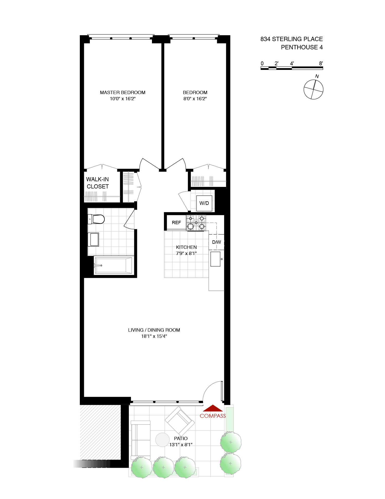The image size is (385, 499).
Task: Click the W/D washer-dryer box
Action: (204, 203)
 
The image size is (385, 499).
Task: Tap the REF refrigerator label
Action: (176, 223)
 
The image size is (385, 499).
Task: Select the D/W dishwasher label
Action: (216, 242)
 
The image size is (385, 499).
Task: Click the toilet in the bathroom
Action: (97, 219)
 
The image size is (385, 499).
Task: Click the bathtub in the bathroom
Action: (113, 265)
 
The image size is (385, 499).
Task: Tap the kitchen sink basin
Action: (215, 259)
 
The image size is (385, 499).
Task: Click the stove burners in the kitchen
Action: (196, 223)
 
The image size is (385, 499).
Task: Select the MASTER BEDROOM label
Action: (123, 93)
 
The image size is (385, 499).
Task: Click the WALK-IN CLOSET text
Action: (98, 183)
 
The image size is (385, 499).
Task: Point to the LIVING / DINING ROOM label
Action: (154, 330)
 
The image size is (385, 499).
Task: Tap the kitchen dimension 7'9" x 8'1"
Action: (186, 253)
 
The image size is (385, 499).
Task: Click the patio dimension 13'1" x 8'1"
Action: (181, 445)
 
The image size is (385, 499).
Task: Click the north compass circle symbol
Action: (313, 89)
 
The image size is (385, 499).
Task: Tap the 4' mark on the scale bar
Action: (292, 64)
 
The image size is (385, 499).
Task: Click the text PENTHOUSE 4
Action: (302, 47)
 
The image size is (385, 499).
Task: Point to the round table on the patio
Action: (162, 440)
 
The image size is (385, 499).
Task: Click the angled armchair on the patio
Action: (179, 421)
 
